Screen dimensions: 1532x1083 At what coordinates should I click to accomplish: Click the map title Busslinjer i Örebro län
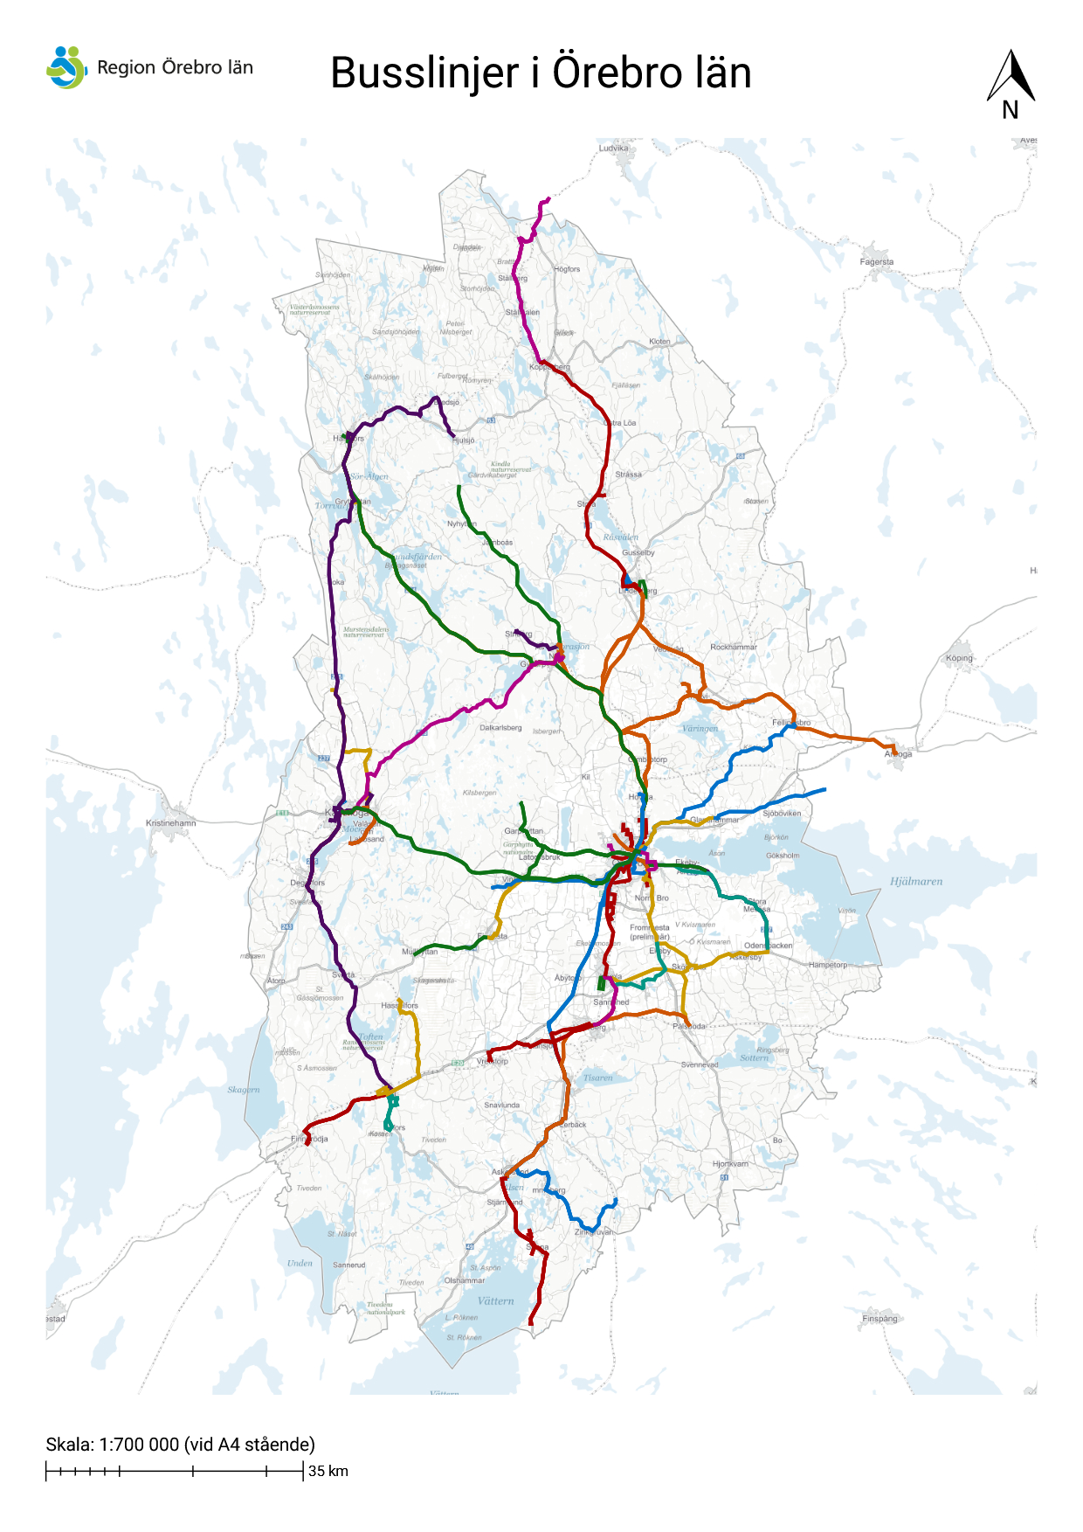(x=541, y=73)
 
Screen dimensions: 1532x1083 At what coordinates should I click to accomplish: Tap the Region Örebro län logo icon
(x=66, y=67)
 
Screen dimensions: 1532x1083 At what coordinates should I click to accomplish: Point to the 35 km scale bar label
(x=328, y=1471)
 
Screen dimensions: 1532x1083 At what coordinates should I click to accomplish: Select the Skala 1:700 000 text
(x=180, y=1444)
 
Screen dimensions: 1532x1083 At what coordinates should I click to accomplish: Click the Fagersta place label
(x=876, y=261)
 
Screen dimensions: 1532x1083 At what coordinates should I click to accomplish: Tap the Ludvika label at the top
(x=613, y=149)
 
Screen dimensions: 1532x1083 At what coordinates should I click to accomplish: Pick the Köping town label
(x=959, y=658)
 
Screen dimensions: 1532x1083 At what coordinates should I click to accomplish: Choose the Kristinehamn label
(x=171, y=823)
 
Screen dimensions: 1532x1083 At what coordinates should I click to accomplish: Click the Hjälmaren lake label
(x=916, y=881)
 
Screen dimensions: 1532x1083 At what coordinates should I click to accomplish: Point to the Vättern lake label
(x=495, y=1300)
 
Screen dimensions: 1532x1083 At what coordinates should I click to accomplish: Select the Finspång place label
(x=879, y=1319)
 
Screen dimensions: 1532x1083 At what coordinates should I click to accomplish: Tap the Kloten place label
(x=659, y=342)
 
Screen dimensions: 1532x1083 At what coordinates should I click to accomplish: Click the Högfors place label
(x=567, y=269)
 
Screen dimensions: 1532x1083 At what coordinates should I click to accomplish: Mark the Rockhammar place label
(x=734, y=647)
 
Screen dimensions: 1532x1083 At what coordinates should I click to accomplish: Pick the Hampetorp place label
(x=827, y=965)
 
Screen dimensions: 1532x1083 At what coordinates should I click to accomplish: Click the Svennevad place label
(x=700, y=1064)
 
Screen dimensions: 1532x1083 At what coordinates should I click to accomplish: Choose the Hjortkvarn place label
(x=730, y=1164)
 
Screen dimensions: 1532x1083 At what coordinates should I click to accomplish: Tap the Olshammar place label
(x=465, y=1280)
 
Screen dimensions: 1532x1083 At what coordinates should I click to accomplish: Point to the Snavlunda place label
(x=501, y=1105)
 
